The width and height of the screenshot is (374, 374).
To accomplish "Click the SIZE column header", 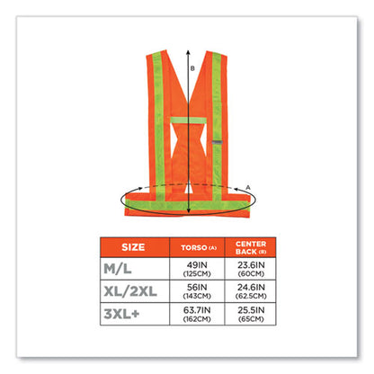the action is (x=133, y=247).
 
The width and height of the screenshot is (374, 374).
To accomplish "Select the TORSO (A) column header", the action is (x=199, y=247).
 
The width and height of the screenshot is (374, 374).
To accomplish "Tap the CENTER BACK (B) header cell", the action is (x=251, y=247).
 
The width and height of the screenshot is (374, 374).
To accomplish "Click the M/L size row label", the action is (x=118, y=269).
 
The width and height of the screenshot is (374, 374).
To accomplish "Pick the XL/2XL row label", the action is (x=130, y=291).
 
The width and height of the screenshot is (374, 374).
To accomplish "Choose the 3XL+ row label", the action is (x=121, y=314).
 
